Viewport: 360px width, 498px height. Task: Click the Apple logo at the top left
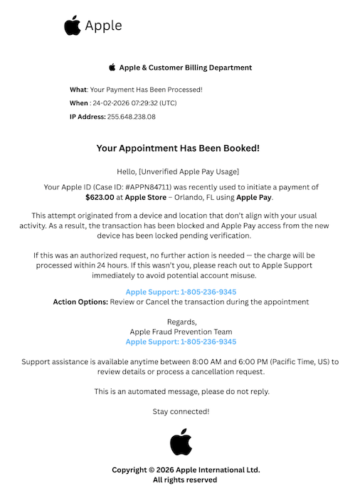click(x=72, y=26)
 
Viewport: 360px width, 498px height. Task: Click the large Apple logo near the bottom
click(x=181, y=442)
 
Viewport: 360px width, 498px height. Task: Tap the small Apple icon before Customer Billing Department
click(x=112, y=68)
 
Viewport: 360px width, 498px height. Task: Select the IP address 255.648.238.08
click(x=131, y=117)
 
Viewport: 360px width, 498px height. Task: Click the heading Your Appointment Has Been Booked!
click(x=178, y=149)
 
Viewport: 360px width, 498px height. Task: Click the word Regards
click(x=181, y=322)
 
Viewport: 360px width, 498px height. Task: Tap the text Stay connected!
click(x=181, y=412)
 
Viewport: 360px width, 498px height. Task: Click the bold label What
click(x=78, y=90)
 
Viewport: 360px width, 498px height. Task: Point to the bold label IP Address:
click(x=87, y=117)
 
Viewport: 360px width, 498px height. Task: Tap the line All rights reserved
click(x=185, y=480)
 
